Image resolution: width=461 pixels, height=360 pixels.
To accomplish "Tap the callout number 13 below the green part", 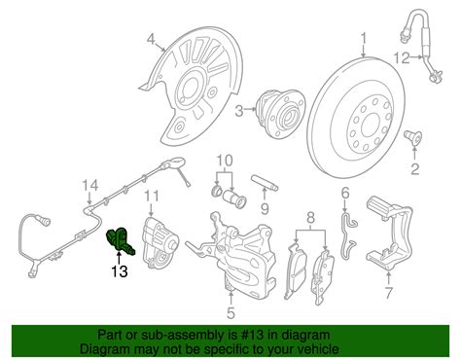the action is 120,270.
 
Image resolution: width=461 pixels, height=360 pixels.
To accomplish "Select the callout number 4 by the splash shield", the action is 152,40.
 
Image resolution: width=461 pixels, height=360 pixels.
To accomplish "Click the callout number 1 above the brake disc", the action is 364,39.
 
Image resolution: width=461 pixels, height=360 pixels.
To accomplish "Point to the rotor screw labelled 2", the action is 413,137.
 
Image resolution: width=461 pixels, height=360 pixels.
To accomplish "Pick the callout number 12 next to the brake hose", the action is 402,58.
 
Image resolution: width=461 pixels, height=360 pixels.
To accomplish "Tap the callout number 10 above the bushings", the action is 225,162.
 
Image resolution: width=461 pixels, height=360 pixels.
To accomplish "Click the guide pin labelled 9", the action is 265,183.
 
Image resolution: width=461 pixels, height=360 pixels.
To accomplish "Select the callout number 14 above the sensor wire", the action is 89,186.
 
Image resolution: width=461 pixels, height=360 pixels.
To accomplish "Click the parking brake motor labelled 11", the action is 160,242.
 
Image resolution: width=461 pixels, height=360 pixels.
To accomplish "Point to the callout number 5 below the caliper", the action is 230,313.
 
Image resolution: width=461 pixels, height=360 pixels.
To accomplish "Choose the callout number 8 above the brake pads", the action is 310,218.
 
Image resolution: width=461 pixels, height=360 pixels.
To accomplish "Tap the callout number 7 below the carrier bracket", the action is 388,293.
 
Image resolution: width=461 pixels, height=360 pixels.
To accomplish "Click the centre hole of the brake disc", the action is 369,124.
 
